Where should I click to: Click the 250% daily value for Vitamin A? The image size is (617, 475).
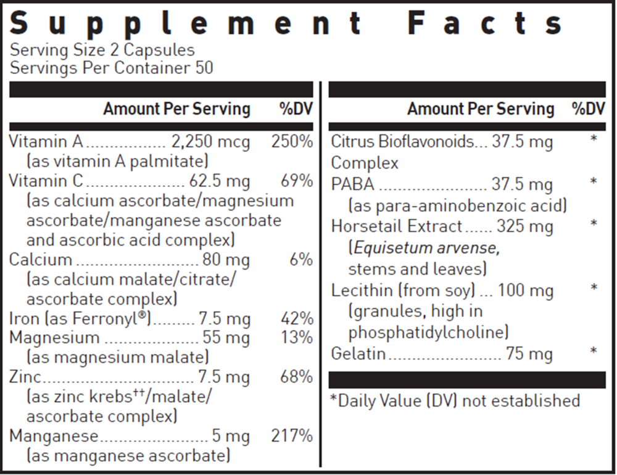[x=292, y=142]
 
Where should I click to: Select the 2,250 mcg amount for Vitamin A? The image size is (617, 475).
[x=210, y=142]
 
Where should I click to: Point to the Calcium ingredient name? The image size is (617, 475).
[x=41, y=260]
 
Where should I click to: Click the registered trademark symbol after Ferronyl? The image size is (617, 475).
[x=147, y=315]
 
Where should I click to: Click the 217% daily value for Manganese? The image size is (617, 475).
[x=292, y=436]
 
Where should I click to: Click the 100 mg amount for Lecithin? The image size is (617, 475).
[x=525, y=290]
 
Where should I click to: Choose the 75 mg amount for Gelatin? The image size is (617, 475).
[x=529, y=354]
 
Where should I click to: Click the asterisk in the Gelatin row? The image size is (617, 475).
[x=594, y=352]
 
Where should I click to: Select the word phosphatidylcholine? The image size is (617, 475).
[x=428, y=332]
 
